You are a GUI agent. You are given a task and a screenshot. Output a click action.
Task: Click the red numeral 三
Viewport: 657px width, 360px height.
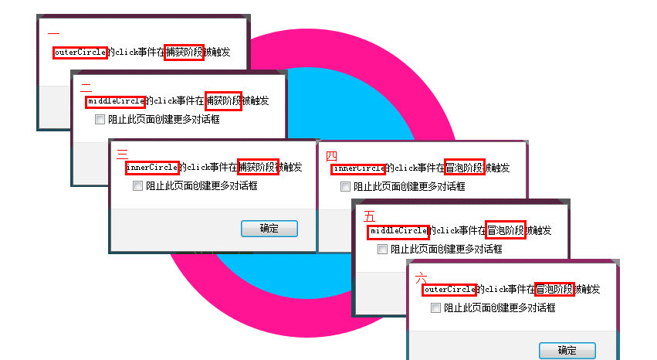pyautogui.click(x=122, y=155)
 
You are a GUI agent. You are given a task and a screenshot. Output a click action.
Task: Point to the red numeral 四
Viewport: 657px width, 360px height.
pyautogui.click(x=331, y=156)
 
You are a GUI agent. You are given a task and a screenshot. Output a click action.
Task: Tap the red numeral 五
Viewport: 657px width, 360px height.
pyautogui.click(x=369, y=216)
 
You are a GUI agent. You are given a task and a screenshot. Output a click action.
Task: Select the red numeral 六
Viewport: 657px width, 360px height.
pyautogui.click(x=421, y=278)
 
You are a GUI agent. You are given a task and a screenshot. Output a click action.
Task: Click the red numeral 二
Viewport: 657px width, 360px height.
pyautogui.click(x=86, y=87)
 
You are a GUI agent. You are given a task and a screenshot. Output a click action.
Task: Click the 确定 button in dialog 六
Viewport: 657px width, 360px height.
pyautogui.click(x=567, y=351)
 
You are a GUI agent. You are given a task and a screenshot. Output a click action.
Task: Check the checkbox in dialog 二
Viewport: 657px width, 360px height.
pyautogui.click(x=100, y=120)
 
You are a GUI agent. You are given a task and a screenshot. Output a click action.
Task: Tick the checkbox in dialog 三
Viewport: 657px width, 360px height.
pyautogui.click(x=137, y=185)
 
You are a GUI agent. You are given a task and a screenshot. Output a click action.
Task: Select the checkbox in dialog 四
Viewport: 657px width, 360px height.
pyautogui.click(x=345, y=186)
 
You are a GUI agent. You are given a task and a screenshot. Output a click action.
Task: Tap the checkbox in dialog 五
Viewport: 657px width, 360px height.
pyautogui.click(x=382, y=250)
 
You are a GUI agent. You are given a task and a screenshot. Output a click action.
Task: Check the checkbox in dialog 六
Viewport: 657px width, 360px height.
pyautogui.click(x=435, y=308)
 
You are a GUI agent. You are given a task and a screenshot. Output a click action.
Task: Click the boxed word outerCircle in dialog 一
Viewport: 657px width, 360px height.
pyautogui.click(x=80, y=53)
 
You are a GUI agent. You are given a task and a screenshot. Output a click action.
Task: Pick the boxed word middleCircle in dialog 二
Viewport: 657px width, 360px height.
pyautogui.click(x=116, y=101)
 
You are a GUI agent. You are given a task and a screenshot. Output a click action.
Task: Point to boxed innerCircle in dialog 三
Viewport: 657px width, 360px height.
pyautogui.click(x=153, y=168)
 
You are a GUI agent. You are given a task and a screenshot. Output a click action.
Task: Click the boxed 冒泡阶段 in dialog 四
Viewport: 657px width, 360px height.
pyautogui.click(x=465, y=167)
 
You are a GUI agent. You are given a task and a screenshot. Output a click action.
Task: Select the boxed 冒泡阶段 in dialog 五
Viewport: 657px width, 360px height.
pyautogui.click(x=506, y=229)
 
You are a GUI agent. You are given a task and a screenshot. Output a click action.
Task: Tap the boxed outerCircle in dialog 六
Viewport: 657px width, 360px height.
pyautogui.click(x=449, y=289)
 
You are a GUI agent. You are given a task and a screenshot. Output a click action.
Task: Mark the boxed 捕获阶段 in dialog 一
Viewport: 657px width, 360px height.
pyautogui.click(x=184, y=53)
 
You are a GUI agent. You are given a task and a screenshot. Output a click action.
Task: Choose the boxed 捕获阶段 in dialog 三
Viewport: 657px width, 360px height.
pyautogui.click(x=258, y=167)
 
